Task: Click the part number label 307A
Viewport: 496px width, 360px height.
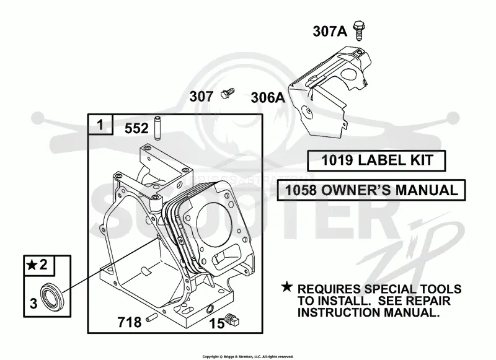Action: [330, 31]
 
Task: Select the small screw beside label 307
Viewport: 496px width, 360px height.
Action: [228, 93]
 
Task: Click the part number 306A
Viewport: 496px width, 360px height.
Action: [268, 98]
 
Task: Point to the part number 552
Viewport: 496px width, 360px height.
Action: [136, 128]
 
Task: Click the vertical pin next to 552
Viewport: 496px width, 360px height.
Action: [157, 128]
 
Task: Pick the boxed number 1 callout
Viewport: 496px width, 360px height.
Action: [100, 125]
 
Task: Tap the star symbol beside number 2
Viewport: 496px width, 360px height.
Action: [32, 265]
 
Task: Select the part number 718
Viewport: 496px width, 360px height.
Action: [130, 322]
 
